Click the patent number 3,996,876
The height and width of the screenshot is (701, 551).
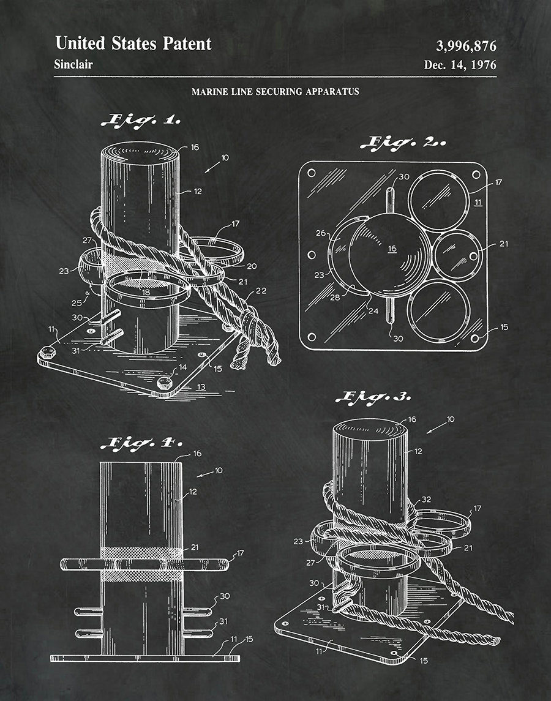(466, 45)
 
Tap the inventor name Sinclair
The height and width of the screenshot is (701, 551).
(73, 64)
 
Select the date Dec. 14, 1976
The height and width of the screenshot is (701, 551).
(460, 65)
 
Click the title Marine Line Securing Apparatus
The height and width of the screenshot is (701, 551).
(275, 92)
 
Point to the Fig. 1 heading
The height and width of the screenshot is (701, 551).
(141, 120)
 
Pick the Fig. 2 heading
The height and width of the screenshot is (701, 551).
(403, 143)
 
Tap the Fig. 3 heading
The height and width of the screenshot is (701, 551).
(373, 397)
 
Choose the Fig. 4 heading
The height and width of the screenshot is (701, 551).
(141, 443)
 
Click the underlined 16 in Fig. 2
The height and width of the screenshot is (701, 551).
(392, 249)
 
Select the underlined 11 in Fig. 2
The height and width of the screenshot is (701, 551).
(478, 203)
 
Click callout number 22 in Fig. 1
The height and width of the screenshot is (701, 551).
(261, 291)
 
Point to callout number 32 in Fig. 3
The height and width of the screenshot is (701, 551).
(426, 500)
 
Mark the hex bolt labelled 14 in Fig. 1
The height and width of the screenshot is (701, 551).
(165, 384)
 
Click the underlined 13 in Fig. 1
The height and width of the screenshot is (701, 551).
(201, 387)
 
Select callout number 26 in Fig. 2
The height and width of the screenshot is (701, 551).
(321, 233)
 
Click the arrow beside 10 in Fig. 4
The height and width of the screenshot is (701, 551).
(205, 474)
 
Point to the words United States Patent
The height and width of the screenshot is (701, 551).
(133, 43)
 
